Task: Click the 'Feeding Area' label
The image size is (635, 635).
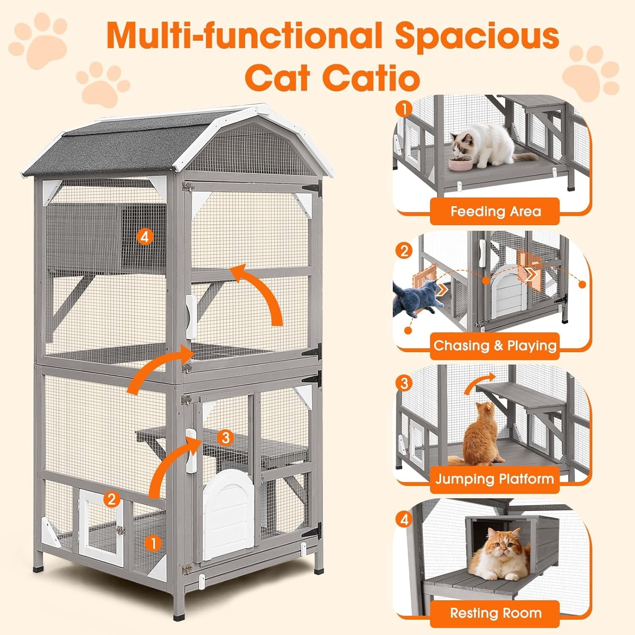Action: (495, 211)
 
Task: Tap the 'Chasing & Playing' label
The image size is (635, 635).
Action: (495, 345)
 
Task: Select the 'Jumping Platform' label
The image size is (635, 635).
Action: (494, 479)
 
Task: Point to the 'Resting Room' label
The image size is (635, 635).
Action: (495, 613)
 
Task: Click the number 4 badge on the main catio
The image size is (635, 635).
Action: (145, 237)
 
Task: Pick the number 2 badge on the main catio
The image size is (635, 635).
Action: (111, 500)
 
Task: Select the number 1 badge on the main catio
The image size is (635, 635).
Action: (153, 543)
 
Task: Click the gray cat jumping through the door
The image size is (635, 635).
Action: (415, 296)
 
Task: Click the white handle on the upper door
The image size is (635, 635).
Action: (191, 316)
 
